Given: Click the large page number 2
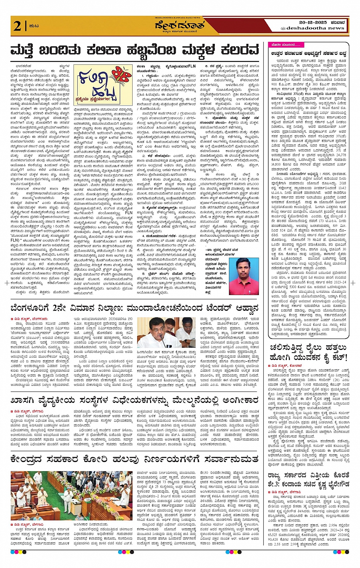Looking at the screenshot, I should (x=17, y=26).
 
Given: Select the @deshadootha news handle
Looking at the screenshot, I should (x=312, y=28).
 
